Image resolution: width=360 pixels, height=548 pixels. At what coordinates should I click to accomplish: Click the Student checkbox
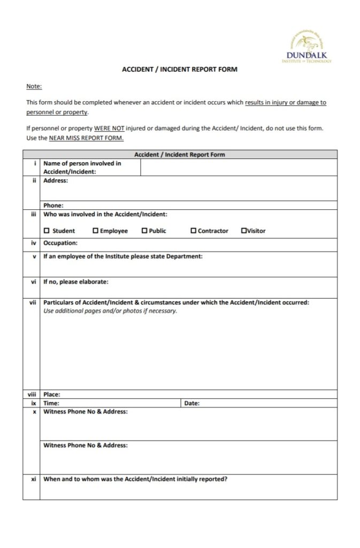47,231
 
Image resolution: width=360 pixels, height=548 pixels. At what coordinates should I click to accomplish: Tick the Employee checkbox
95,231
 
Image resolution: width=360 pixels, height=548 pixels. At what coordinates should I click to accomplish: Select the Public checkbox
144,231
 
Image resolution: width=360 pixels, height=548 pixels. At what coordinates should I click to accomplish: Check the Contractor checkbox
193,231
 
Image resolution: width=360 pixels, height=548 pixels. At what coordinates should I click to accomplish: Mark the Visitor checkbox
243,231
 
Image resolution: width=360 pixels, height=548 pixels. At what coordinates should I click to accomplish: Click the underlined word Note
34,87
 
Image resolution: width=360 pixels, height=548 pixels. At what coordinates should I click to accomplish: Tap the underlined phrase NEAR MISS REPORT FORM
86,138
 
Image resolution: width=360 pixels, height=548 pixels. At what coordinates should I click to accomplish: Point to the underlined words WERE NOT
109,128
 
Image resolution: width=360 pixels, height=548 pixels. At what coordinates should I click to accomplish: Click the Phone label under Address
53,205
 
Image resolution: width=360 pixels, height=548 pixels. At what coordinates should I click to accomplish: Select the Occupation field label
60,243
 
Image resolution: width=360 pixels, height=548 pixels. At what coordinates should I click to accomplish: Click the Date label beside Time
192,403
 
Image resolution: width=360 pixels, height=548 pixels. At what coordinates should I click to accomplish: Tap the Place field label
51,394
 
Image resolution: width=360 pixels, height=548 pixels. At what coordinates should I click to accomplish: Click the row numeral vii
32,302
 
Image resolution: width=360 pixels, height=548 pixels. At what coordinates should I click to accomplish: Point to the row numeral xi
33,479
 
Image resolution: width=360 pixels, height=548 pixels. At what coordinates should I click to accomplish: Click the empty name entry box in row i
239,168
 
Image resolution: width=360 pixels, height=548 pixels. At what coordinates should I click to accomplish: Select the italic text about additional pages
110,311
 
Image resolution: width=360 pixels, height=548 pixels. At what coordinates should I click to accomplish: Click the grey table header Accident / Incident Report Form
180,155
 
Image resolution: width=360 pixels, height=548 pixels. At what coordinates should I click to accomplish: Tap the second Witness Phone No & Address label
85,445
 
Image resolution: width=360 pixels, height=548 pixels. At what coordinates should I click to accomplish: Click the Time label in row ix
51,403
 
